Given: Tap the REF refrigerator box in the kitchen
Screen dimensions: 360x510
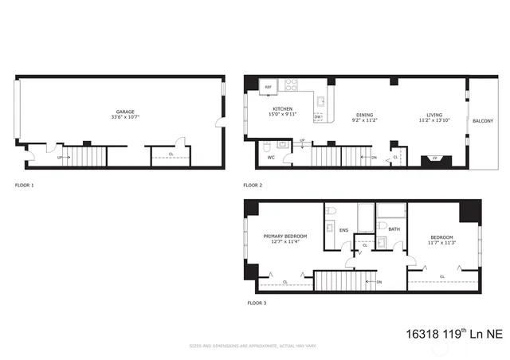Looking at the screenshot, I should tap(269, 86).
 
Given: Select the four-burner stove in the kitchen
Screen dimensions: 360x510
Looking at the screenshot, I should tap(292, 85).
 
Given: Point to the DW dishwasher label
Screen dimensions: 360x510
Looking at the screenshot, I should tap(317, 116).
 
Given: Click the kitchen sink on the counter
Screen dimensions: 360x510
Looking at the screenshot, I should tap(321, 102).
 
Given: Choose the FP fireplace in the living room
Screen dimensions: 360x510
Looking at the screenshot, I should tap(435, 159).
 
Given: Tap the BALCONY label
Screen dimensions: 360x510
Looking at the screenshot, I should tap(482, 121).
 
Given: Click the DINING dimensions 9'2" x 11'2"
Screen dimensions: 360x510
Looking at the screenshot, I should tap(363, 120).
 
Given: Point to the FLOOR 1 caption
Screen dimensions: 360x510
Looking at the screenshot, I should tap(25, 185).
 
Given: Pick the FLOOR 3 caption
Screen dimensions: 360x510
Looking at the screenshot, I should tap(255, 303).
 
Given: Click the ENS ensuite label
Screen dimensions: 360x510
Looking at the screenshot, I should tap(343, 231).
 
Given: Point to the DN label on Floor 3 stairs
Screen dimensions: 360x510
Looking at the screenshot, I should tap(379, 282).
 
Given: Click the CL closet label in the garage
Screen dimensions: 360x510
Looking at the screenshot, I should tap(171, 154).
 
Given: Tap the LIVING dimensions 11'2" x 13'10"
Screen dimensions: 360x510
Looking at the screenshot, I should tap(434, 120).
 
